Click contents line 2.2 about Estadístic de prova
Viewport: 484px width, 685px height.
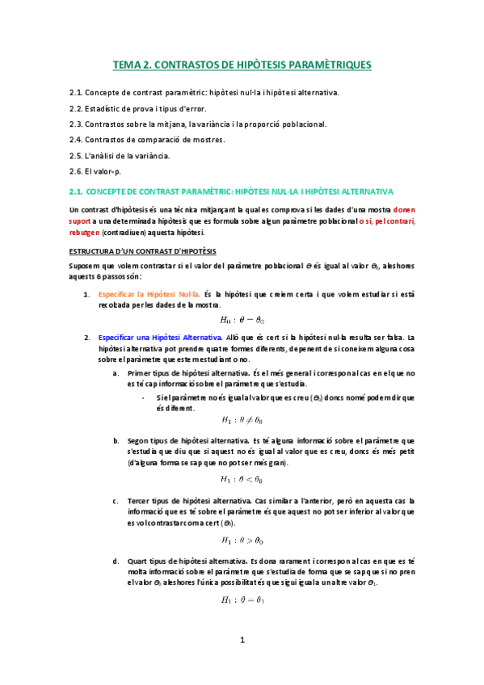pyautogui.click(x=149, y=108)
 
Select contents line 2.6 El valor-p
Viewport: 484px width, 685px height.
pyautogui.click(x=99, y=171)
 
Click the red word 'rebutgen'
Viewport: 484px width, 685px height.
pyautogui.click(x=86, y=231)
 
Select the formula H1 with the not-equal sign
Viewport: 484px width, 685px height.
pyautogui.click(x=242, y=420)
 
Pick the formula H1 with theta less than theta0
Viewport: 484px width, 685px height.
pyautogui.click(x=242, y=480)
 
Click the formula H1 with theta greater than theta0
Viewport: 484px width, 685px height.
pyautogui.click(x=242, y=540)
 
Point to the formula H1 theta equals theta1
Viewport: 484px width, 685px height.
pyautogui.click(x=242, y=600)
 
